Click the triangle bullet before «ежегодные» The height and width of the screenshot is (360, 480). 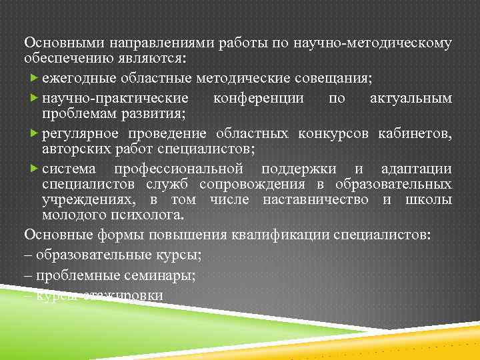pos(35,78)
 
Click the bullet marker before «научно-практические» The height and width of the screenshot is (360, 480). pos(35,98)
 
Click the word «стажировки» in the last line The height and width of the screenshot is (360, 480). pos(121,295)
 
